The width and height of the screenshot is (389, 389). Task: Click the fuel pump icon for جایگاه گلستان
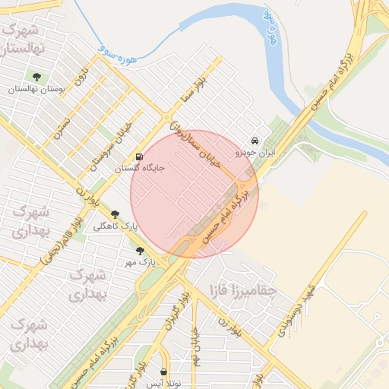[138, 158]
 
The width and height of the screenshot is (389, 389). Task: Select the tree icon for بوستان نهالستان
[36, 76]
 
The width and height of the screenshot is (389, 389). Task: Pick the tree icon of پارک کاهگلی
[115, 215]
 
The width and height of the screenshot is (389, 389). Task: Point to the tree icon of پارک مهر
[139, 250]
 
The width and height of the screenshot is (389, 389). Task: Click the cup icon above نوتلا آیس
[165, 372]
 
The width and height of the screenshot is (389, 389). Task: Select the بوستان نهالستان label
[36, 88]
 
